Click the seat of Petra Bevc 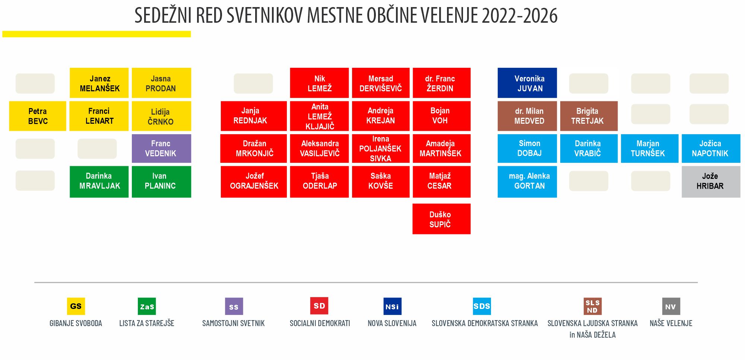point(38,116)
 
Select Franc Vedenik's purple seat point(161,148)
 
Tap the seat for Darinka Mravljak point(99,181)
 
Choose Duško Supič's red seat point(441,219)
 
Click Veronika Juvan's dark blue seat point(527,83)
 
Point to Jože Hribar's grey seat point(711,181)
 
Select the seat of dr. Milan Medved point(527,116)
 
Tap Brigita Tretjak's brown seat point(589,116)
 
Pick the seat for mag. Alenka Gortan point(527,181)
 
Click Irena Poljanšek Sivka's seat point(381,148)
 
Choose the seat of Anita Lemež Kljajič point(319,116)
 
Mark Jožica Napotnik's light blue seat point(711,148)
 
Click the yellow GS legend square point(76,306)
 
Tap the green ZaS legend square point(147,306)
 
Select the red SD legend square point(319,306)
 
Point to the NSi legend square point(392,306)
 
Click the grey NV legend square point(671,306)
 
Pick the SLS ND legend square point(593,306)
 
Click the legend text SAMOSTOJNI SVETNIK point(234,323)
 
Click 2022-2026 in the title point(519,15)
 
